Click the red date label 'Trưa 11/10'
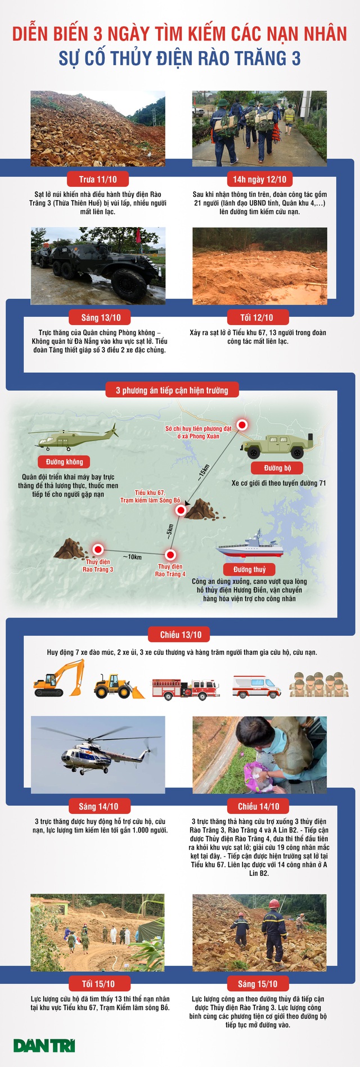coord(98,179)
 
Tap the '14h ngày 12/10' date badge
coord(260,179)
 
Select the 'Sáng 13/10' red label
coord(101,318)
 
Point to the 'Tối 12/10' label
coord(256,318)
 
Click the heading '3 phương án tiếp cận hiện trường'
coord(172,390)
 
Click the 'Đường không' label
coord(65,462)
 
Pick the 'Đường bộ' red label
coord(277,468)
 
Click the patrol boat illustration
coord(250,545)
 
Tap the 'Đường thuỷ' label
coord(250,570)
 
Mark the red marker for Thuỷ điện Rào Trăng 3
coord(98,550)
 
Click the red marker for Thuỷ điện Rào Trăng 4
coord(170,555)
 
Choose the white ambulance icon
coord(256,687)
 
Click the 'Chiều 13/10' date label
coord(181,635)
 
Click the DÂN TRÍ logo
coord(44,1046)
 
